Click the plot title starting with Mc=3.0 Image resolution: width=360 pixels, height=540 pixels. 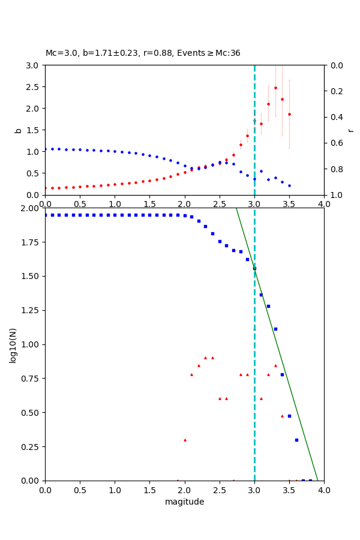click(143, 53)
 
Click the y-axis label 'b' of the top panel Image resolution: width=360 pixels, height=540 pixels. click(18, 130)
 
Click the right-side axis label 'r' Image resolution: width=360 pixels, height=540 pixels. click(351, 130)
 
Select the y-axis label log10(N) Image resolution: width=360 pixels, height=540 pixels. click(13, 344)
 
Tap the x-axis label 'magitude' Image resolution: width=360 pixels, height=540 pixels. click(184, 502)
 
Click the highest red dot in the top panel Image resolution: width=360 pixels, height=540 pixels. click(275, 88)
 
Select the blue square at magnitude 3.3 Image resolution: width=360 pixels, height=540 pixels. click(275, 329)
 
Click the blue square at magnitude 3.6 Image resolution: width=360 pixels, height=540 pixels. click(296, 440)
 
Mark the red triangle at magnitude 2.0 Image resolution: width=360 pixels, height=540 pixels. click(185, 440)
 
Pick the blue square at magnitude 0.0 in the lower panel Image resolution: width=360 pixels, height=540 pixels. click(46, 215)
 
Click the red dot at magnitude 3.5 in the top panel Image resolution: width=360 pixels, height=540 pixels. click(289, 114)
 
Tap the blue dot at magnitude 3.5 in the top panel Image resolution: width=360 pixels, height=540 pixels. click(289, 185)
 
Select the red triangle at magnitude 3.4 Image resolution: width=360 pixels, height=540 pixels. click(282, 416)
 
